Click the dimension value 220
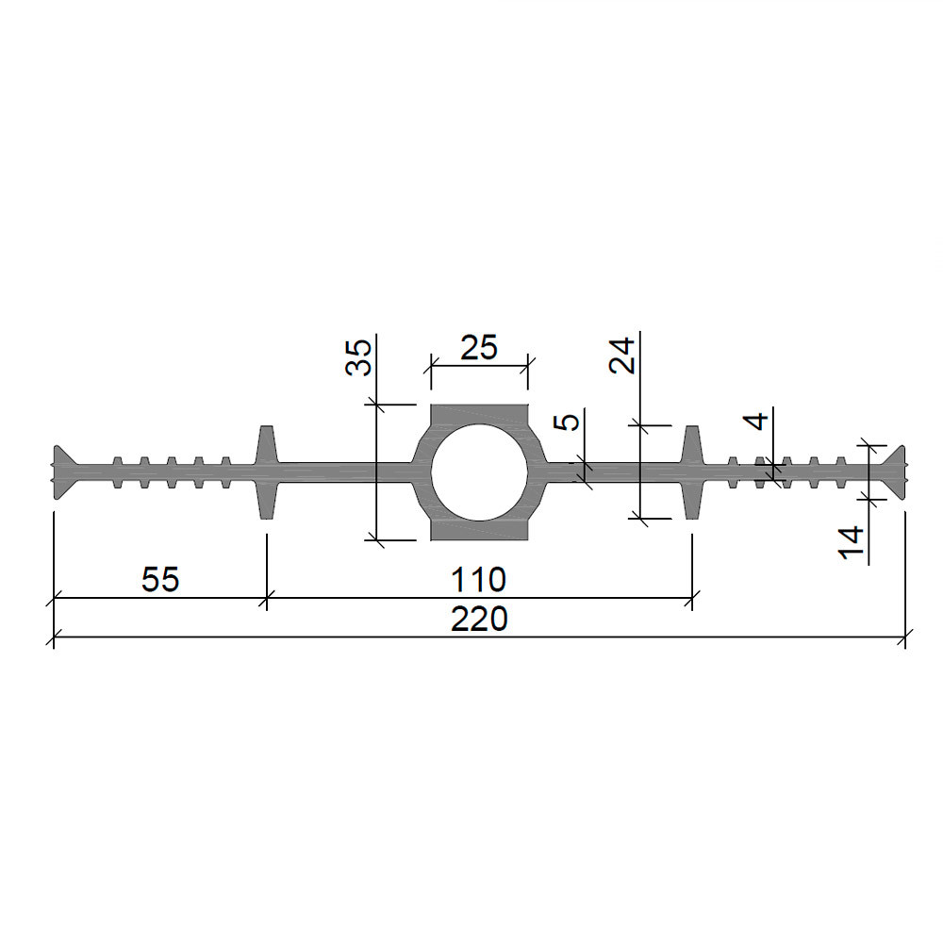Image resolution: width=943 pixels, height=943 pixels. pyautogui.click(x=479, y=619)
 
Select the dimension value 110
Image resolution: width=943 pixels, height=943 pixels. pyautogui.click(x=479, y=580)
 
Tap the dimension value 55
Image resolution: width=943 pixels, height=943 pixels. pyautogui.click(x=160, y=580)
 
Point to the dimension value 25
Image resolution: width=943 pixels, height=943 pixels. pyautogui.click(x=479, y=348)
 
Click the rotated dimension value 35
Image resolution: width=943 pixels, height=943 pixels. pyautogui.click(x=358, y=357)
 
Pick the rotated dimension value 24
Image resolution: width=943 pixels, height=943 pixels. pyautogui.click(x=621, y=356)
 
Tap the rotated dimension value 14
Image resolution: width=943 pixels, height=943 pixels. pyautogui.click(x=851, y=542)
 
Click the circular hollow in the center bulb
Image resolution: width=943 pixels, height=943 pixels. pyautogui.click(x=479, y=472)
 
